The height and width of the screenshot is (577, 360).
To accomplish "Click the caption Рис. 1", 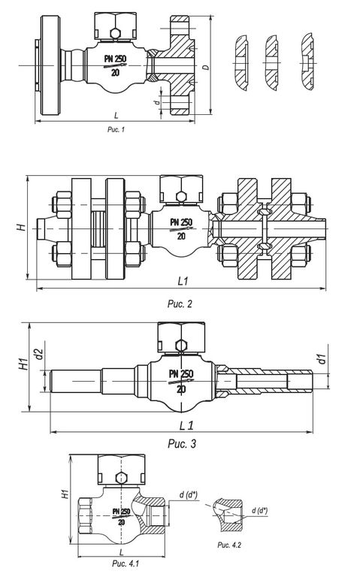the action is pos(116,129).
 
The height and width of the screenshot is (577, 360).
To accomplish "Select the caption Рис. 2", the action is pos(180,304).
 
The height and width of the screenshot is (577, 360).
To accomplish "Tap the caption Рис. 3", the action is pos(182,444).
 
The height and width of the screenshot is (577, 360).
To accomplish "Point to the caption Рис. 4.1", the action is pos(126,563).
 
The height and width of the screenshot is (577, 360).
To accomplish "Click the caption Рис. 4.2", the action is pos(229,545).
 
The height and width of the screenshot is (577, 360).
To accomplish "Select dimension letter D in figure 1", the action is pos(206,68).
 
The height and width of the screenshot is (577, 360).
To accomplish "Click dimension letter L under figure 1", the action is pos(116,116).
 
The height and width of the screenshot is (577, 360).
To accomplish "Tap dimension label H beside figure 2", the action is pos(22,227).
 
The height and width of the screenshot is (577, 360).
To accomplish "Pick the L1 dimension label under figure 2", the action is pos(183,281).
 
